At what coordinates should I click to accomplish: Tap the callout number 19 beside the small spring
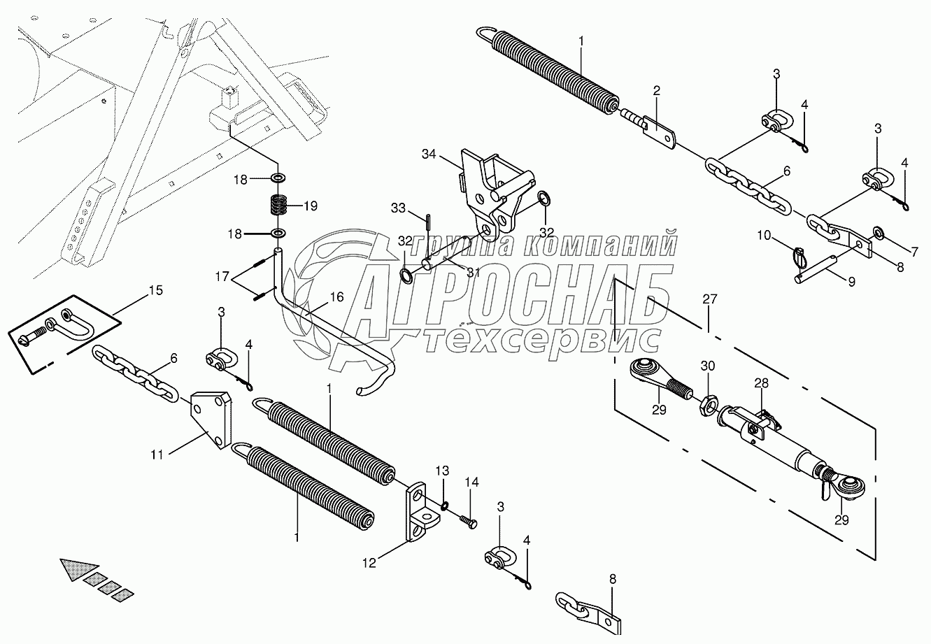tap(310, 206)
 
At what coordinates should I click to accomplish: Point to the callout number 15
tap(155, 290)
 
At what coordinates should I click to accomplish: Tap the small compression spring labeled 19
tap(280, 206)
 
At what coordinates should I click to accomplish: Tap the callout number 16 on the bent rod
tap(337, 297)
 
